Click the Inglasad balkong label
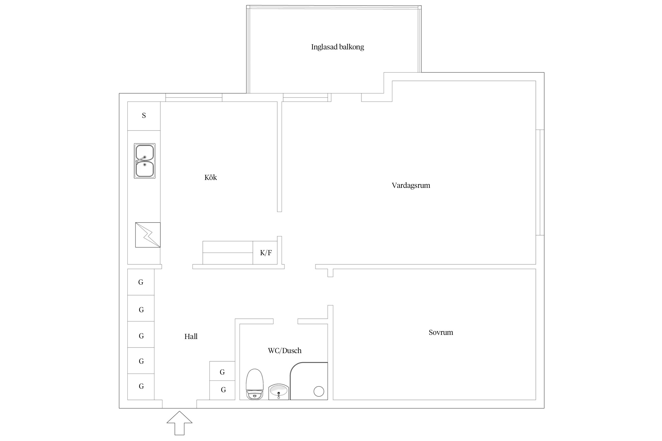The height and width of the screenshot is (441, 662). tap(337, 47)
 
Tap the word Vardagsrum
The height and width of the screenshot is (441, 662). tap(411, 186)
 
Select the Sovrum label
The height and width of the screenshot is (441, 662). tap(441, 333)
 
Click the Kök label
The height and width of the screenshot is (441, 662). tap(210, 178)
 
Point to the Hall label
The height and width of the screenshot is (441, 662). tap(191, 337)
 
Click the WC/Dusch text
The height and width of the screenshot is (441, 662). tap(285, 350)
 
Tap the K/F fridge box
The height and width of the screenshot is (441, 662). tap(265, 253)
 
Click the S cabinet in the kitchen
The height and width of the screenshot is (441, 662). tap(144, 116)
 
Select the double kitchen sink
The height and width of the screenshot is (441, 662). tap(144, 161)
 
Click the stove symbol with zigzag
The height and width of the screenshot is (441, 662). tap(148, 235)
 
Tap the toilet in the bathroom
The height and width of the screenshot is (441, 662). tap(255, 384)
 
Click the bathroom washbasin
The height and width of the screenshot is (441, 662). tap(279, 392)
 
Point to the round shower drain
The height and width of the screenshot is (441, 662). tap(319, 391)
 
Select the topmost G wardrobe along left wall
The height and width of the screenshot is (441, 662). tap(141, 282)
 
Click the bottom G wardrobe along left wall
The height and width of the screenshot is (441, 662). tap(141, 386)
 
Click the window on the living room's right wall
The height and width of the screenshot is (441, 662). tap(540, 182)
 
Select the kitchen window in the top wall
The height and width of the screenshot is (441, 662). tap(194, 97)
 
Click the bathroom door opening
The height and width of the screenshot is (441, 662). tap(285, 321)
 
